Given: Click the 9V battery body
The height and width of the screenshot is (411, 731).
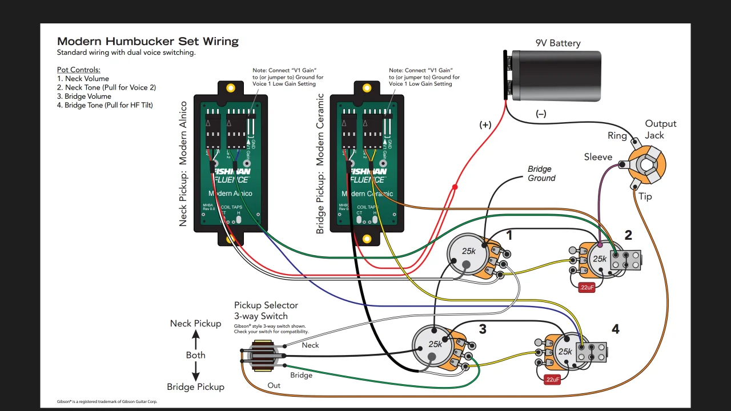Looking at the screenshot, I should [x=556, y=76].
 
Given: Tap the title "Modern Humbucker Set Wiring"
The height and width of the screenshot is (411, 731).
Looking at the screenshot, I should [x=148, y=42].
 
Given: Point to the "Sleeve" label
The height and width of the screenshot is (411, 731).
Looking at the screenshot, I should [x=598, y=157].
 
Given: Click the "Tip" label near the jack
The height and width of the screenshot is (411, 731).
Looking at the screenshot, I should [x=645, y=196].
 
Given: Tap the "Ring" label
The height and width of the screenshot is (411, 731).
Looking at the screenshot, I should [x=617, y=136].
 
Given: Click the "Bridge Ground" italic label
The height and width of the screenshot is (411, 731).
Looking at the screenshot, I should [x=540, y=174].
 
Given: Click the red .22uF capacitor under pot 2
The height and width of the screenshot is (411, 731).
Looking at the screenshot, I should [x=587, y=288].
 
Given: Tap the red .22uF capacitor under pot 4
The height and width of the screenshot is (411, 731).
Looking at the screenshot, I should [x=552, y=380].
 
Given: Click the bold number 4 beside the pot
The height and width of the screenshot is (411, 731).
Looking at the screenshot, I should [x=615, y=329].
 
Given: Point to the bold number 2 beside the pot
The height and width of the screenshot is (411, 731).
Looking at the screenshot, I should [x=628, y=235].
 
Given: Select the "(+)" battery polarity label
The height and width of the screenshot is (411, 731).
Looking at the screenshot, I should [x=485, y=125].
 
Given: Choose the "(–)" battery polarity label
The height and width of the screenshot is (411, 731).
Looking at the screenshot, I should [x=540, y=114].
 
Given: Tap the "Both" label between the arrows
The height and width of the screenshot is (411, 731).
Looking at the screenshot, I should [x=195, y=355].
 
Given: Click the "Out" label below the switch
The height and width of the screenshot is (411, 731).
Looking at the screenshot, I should [x=274, y=385].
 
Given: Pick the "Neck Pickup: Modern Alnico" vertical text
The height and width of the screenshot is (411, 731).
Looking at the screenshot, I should [x=183, y=164].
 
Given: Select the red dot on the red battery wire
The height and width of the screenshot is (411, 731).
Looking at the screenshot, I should [x=455, y=187].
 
